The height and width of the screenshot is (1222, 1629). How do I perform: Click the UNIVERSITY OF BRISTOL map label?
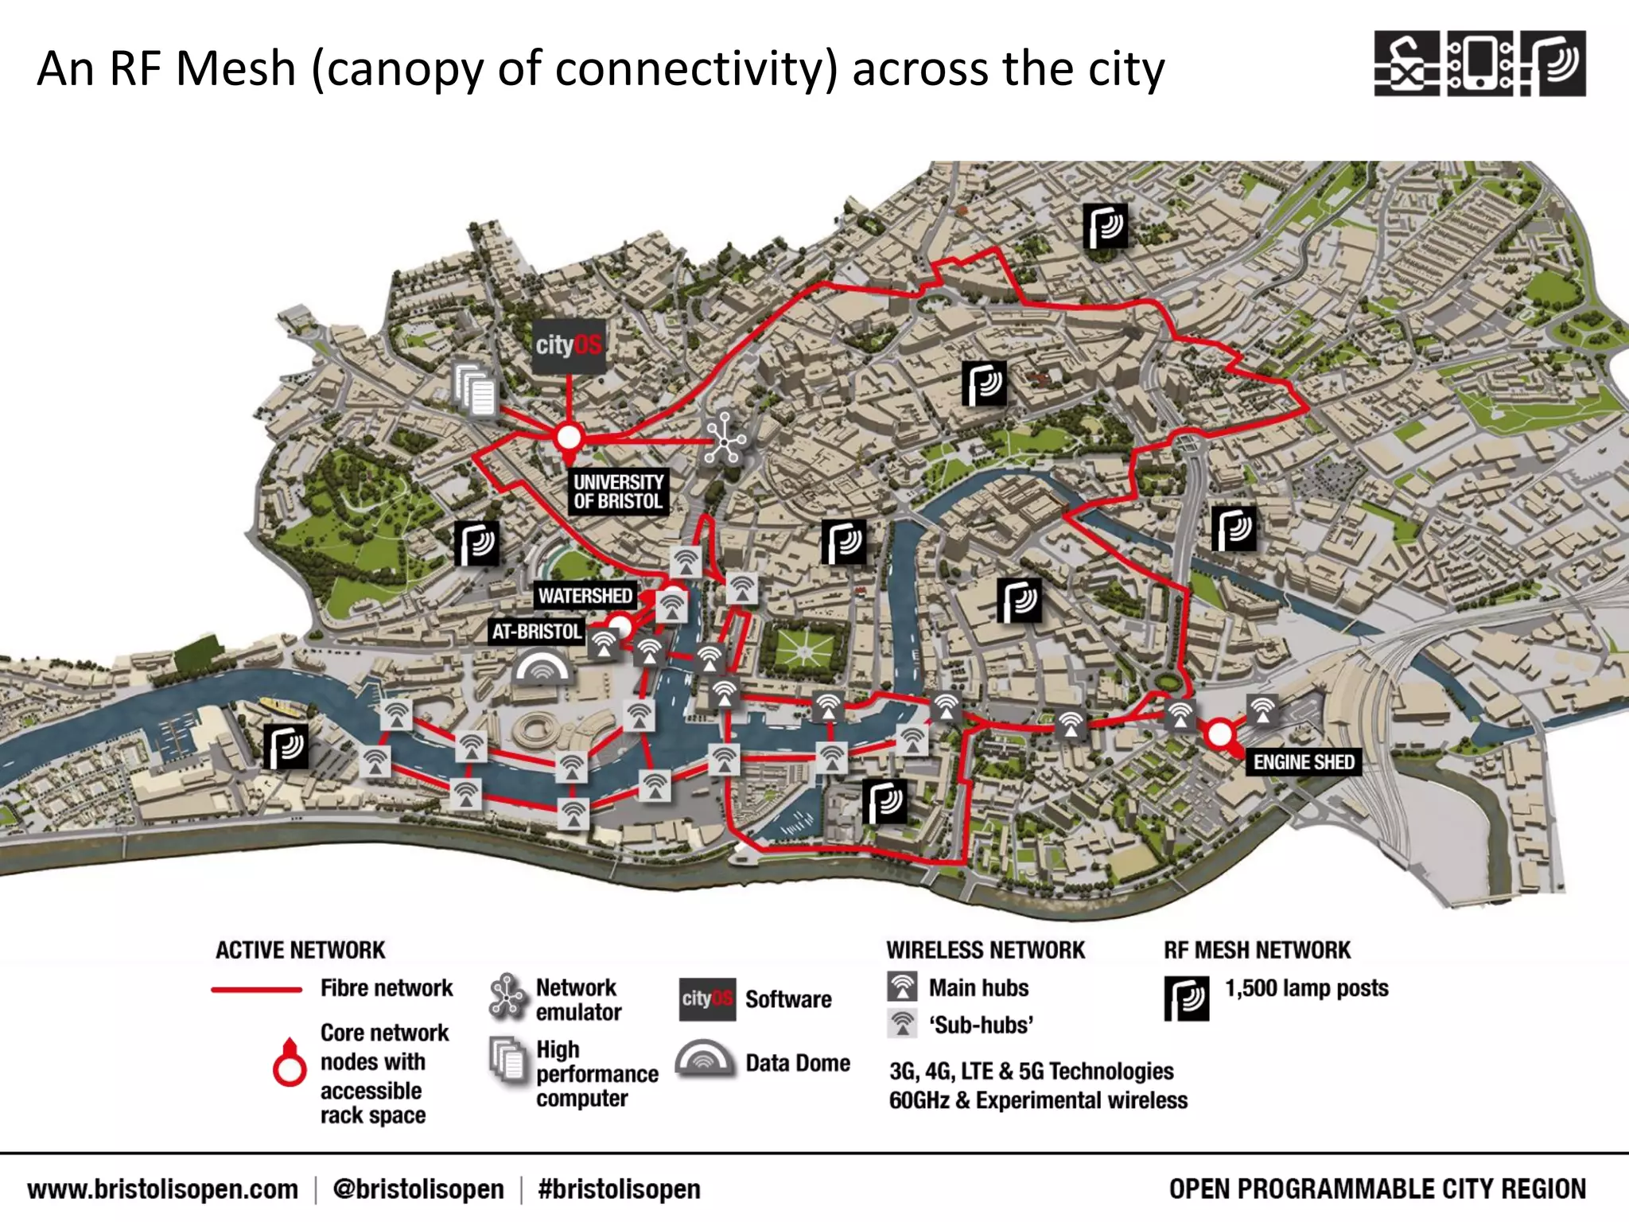click(x=618, y=492)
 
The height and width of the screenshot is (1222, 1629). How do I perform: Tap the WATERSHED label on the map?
click(x=585, y=596)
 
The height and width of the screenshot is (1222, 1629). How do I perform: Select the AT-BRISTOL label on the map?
click(x=537, y=632)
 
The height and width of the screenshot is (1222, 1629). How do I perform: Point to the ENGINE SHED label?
click(x=1303, y=762)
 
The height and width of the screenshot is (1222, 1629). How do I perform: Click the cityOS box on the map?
click(x=568, y=346)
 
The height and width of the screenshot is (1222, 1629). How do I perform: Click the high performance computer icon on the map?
click(x=476, y=389)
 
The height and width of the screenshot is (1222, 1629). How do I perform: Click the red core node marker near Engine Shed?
click(x=1219, y=734)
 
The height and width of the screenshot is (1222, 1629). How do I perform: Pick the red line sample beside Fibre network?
click(x=256, y=990)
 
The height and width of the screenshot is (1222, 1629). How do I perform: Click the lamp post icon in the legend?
click(x=1186, y=998)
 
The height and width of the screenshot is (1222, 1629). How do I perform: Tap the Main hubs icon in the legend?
click(x=902, y=987)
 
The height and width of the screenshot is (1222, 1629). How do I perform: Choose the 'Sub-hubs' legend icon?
click(x=902, y=1023)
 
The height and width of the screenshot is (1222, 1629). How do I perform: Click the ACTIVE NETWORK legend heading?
click(x=300, y=950)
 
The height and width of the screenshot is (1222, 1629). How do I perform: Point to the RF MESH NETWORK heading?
click(x=1257, y=950)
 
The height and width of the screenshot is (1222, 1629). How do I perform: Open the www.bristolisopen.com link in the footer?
click(x=162, y=1189)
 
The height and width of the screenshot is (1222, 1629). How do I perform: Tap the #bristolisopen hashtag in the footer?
click(x=619, y=1189)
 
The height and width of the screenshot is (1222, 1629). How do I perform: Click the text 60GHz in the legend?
click(x=919, y=1100)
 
